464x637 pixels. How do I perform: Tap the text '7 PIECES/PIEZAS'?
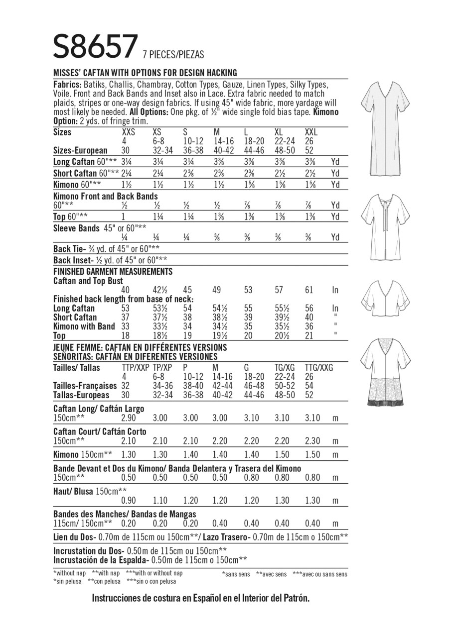click(173, 55)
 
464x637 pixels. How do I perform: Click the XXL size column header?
click(310, 132)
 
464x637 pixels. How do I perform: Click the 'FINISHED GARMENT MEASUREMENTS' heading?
click(113, 271)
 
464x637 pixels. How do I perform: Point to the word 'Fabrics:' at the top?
click(67, 85)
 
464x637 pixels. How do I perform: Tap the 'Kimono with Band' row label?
click(84, 326)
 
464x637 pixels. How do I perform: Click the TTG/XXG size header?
click(318, 368)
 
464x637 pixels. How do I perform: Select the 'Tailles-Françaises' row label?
click(85, 386)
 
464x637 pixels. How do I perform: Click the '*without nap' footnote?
click(70, 573)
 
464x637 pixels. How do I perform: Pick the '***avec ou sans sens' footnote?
click(320, 574)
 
